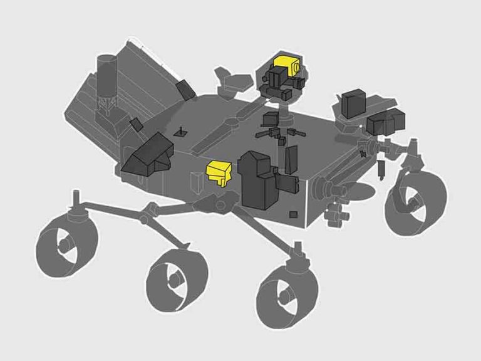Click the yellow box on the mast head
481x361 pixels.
coord(286,63)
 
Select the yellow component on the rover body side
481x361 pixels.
coord(218,172)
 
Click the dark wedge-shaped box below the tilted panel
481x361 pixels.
coord(148,156)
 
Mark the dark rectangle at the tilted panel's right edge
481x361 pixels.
coord(184,88)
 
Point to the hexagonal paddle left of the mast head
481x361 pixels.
coord(229,80)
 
